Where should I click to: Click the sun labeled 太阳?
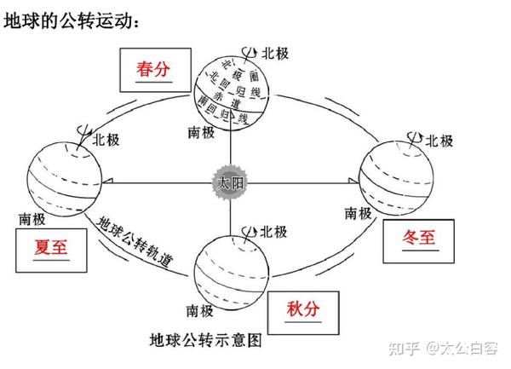click(231, 182)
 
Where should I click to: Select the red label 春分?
click(153, 69)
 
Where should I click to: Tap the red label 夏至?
click(51, 247)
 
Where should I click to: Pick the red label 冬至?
click(419, 237)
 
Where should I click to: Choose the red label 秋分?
click(303, 308)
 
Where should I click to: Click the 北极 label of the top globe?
click(275, 53)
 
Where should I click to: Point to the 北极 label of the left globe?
click(106, 140)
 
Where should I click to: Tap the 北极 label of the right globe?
click(439, 141)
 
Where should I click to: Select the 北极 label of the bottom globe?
click(273, 232)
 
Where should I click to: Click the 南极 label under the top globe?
click(201, 132)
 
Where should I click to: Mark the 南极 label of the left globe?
click(32, 219)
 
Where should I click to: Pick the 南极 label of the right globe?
click(359, 213)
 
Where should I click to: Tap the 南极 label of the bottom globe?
click(200, 311)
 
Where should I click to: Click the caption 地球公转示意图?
click(205, 340)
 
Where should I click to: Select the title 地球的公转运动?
click(72, 20)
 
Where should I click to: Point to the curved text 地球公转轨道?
click(135, 241)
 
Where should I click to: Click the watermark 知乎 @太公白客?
click(443, 349)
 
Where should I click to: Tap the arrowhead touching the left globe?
click(107, 181)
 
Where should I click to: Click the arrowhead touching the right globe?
click(353, 181)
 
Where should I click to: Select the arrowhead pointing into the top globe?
click(231, 115)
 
